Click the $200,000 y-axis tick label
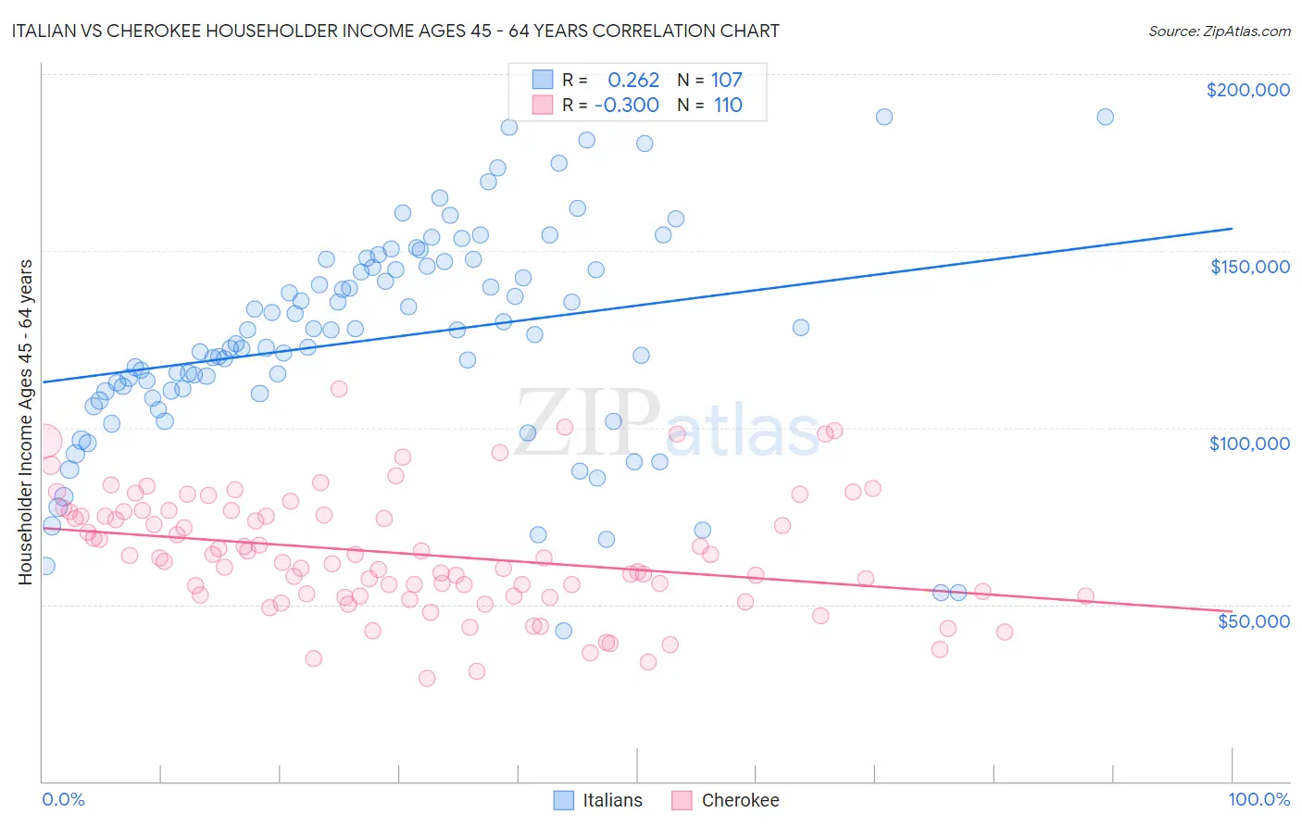click(1247, 90)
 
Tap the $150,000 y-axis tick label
click(1249, 267)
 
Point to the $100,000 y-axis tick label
click(1249, 444)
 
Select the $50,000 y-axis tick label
click(1253, 620)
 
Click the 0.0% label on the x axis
click(63, 799)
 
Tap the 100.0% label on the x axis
click(1258, 799)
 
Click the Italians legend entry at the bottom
click(598, 800)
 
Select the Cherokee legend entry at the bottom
click(726, 800)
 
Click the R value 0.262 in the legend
click(633, 81)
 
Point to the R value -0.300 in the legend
click(627, 106)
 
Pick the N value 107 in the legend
click(727, 81)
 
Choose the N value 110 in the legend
click(728, 106)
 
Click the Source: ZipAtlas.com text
click(1219, 31)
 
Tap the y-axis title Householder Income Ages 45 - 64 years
click(25, 422)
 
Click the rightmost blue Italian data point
click(1105, 117)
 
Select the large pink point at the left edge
click(44, 441)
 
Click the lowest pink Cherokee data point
click(427, 678)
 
